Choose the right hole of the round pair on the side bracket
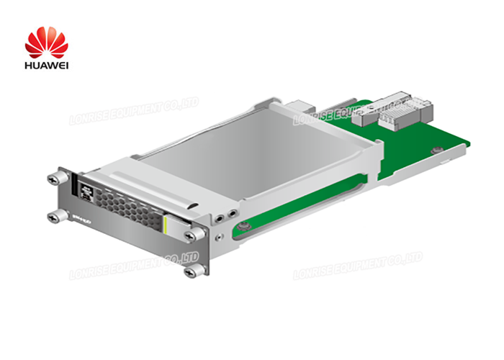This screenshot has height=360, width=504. point(230,212)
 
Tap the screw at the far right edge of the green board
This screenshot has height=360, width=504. point(434,150)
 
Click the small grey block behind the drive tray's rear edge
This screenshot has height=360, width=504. point(294,108)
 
